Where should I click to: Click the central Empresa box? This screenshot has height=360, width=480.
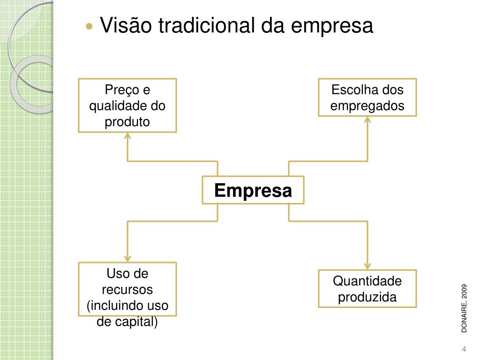click(x=253, y=190)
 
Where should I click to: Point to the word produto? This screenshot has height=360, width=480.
click(x=127, y=122)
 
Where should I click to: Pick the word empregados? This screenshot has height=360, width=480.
click(x=367, y=106)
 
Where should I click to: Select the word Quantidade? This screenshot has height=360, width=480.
click(x=367, y=281)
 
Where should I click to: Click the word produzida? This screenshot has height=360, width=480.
click(x=367, y=297)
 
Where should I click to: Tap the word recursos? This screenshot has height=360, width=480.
click(x=127, y=290)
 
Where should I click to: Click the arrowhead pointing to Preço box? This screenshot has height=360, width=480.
click(x=127, y=136)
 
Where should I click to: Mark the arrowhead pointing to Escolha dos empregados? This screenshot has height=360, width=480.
click(x=367, y=120)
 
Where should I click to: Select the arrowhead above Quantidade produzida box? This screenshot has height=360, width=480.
click(x=367, y=265)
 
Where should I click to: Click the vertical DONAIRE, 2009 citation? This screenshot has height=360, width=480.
click(x=464, y=308)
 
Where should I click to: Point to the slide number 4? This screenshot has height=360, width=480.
click(x=464, y=349)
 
